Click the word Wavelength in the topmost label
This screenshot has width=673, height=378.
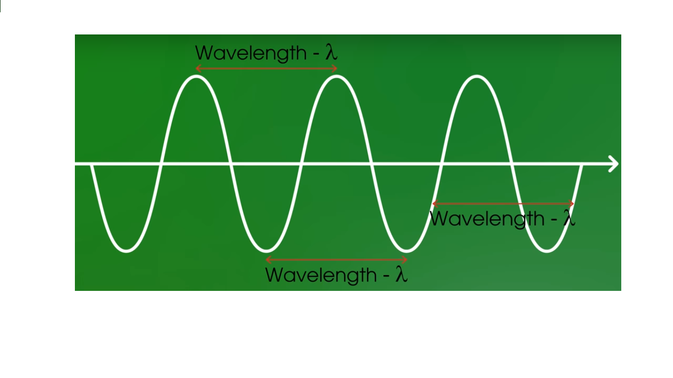coord(251,53)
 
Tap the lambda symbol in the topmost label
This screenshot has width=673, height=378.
coord(332,52)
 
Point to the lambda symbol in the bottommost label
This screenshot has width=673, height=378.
coord(402,275)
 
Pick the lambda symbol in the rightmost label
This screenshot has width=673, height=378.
coord(569,218)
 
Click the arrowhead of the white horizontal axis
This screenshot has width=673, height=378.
coord(614,164)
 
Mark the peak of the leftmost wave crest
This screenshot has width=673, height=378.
coord(197,76)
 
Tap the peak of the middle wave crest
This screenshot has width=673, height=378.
coord(336,76)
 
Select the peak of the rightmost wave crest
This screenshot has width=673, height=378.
coord(476,76)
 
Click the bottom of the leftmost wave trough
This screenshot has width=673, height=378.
coord(127,251)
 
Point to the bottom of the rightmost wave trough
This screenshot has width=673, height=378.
coord(547,251)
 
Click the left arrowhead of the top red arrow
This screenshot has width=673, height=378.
coord(198,68)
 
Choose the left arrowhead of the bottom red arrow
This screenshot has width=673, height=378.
coord(268,260)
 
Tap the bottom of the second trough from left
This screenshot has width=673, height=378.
coord(267,251)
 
